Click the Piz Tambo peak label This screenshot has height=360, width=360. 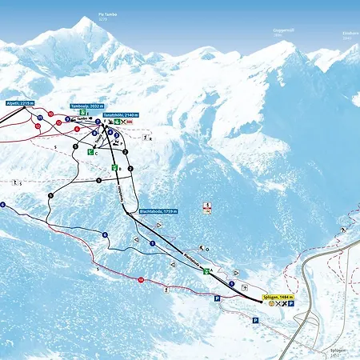point(107,14)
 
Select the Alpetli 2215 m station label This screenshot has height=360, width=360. point(18,103)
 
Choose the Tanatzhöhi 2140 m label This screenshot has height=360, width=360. point(121,115)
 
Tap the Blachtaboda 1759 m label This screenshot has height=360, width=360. point(158,211)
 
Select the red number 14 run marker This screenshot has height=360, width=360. point(140,280)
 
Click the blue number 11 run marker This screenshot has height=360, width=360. point(38,118)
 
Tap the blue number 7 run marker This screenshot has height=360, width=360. point(105,235)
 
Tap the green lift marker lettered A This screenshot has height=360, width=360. point(206,271)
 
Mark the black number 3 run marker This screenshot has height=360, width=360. point(98,181)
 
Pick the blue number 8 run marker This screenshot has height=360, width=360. point(152,243)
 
